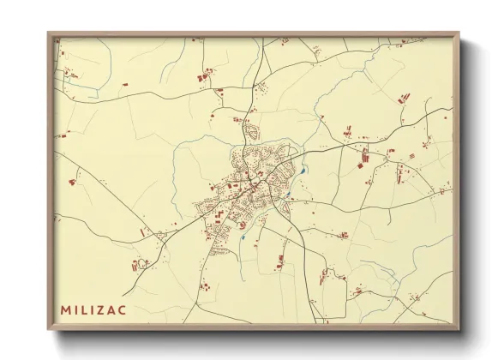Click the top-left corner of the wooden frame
[48, 33]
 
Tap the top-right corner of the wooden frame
[459, 33]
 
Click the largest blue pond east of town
[303, 170]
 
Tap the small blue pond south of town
[243, 236]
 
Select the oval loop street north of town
[251, 133]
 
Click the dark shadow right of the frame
[466, 189]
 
